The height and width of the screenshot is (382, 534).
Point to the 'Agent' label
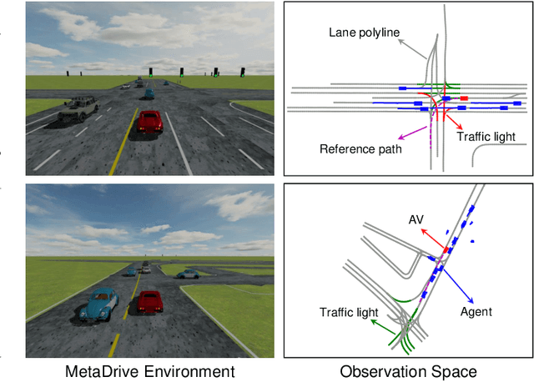coord(476,311)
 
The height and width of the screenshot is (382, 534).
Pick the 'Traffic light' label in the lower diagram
coord(348,311)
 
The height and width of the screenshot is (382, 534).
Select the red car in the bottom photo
coord(149,302)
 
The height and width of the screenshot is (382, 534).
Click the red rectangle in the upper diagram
coord(464,98)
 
